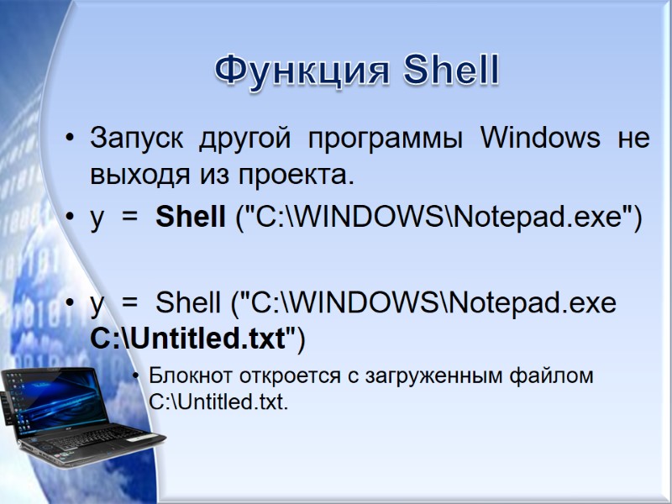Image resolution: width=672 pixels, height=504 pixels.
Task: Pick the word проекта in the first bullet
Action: tap(305, 176)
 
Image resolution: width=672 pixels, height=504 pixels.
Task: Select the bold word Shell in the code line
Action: tap(191, 218)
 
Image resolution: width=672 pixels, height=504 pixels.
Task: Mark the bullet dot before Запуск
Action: tap(70, 138)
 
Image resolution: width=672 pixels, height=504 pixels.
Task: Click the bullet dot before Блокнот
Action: tap(137, 375)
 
